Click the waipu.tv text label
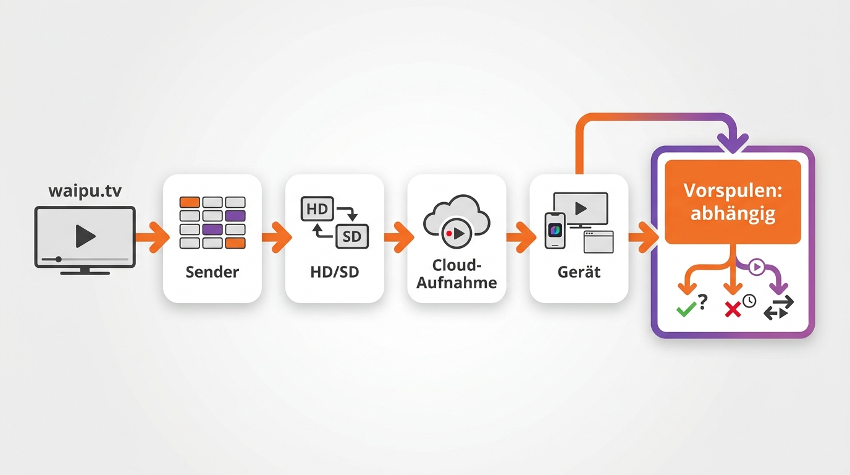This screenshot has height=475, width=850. [85, 191]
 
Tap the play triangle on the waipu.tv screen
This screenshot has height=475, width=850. [85, 236]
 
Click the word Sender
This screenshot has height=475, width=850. [212, 272]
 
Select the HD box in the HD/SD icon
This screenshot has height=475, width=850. [318, 208]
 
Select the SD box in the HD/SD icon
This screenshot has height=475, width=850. [351, 236]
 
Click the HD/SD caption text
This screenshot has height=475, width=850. [334, 272]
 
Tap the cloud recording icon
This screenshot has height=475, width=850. [457, 221]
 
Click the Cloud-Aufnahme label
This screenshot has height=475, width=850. [457, 274]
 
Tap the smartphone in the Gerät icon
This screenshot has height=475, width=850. [555, 231]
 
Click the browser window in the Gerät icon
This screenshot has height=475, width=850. [599, 242]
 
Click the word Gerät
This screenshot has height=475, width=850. [579, 272]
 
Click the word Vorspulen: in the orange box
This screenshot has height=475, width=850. [733, 190]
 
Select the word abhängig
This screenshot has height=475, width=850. [733, 213]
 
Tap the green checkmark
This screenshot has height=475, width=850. [686, 309]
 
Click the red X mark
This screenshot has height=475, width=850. [733, 309]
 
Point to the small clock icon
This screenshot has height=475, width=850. [749, 301]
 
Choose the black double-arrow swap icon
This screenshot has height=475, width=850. [779, 308]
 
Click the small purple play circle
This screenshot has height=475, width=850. [757, 267]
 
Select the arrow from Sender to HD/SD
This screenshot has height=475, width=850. [277, 237]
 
